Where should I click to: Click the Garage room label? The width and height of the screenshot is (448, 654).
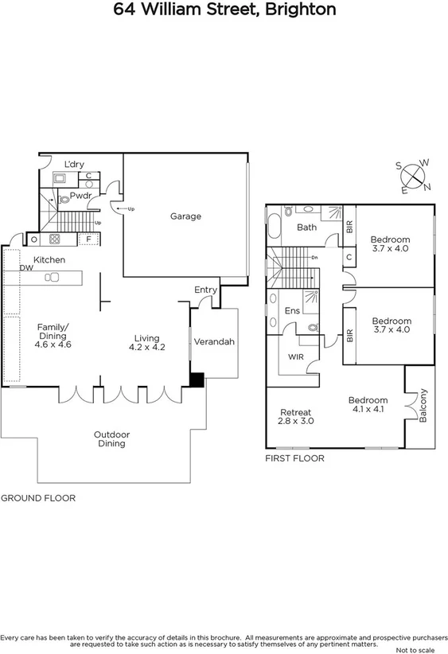point(185,216)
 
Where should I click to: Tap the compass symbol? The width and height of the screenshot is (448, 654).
point(413,176)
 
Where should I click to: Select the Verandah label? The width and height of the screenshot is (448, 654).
point(215,342)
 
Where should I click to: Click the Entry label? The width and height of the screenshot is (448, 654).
point(205,290)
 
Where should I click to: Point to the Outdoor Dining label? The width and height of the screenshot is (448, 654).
point(111,439)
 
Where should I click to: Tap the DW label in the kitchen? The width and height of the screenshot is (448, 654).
point(26,268)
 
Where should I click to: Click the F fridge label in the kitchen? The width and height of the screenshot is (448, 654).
point(88,238)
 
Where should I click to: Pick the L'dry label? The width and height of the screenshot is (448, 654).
point(74,164)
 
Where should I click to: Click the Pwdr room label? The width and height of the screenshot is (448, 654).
point(80,195)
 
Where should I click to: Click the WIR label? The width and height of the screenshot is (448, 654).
point(297,357)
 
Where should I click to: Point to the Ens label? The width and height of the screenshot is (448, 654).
point(292,310)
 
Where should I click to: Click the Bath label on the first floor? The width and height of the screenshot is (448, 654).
point(306,228)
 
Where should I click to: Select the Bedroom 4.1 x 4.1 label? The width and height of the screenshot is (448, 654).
point(368,405)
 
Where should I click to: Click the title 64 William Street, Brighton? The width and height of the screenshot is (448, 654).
point(224,10)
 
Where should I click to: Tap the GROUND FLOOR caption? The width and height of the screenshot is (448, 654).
point(37,498)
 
